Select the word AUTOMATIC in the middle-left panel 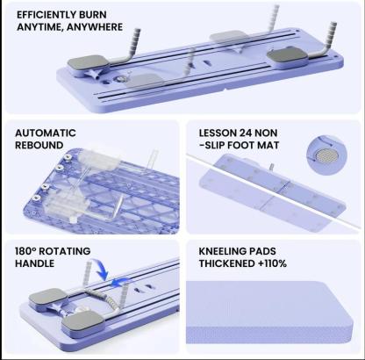[45, 133]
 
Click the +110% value [277, 262]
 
